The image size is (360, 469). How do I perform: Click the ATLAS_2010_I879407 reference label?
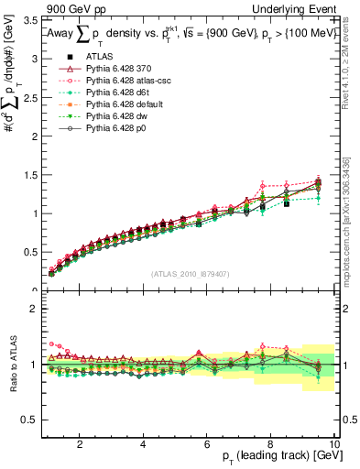(x=191, y=272)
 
